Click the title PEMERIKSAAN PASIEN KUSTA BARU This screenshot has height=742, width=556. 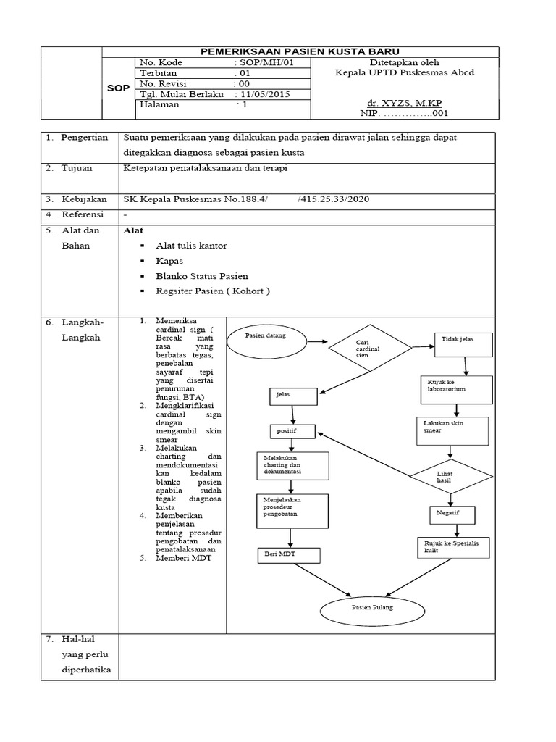pyautogui.click(x=301, y=52)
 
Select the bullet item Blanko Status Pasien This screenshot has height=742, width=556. pyautogui.click(x=202, y=276)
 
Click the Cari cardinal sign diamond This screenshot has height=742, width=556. pyautogui.click(x=370, y=346)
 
